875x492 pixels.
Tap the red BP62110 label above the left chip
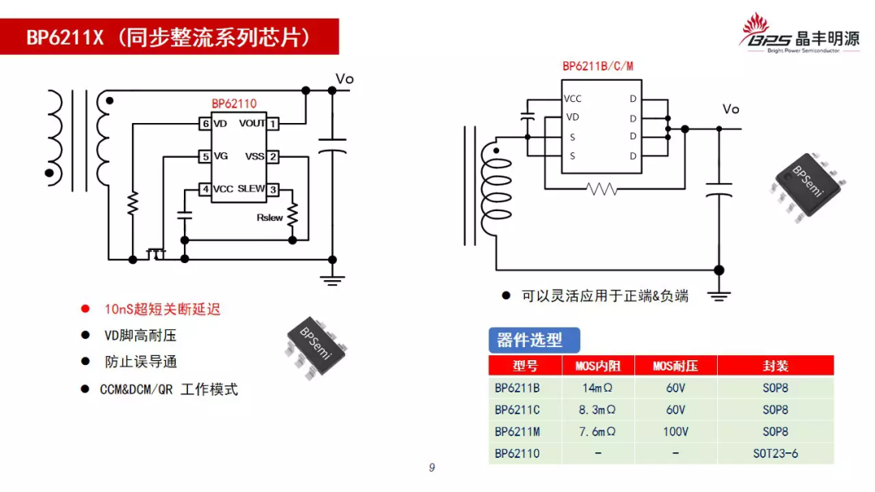coord(234,104)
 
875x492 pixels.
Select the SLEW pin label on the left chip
coord(251,189)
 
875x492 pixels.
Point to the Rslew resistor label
coord(270,218)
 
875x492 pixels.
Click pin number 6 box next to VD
coord(206,124)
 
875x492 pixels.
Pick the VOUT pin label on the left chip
coord(252,124)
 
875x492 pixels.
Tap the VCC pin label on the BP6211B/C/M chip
coord(573,99)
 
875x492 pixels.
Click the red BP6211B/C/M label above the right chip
coord(598,66)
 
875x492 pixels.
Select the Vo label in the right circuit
coord(731,109)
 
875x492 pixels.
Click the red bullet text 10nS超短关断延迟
coord(162,309)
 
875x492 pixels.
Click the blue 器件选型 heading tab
coord(530,340)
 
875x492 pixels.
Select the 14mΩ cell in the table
coord(598,388)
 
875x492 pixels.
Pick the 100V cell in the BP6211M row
coord(676,432)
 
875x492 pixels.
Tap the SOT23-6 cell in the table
coord(775,453)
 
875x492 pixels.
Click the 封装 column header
coord(775,367)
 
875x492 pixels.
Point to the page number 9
coord(432,468)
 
